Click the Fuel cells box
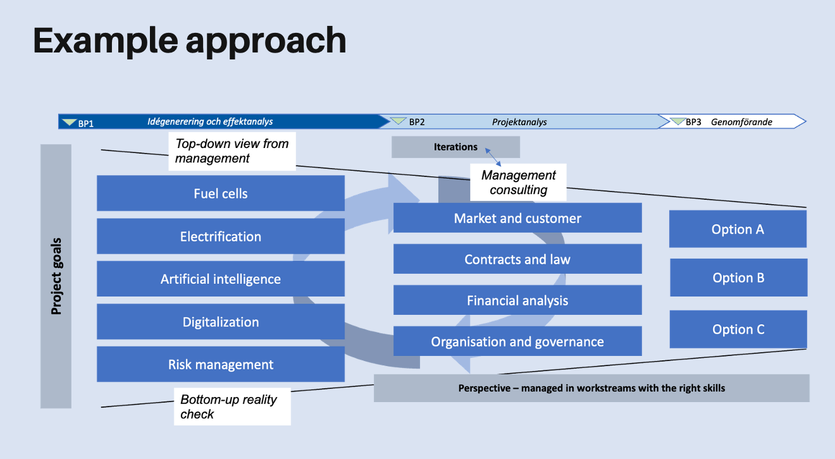[220, 193]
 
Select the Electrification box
[220, 236]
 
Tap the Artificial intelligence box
[220, 279]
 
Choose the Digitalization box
[220, 322]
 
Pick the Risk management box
[220, 364]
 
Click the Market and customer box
[517, 218]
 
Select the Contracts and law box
[517, 259]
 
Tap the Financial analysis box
[517, 300]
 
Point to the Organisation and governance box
[517, 341]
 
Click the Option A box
[738, 229]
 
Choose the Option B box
[738, 278]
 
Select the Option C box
[738, 329]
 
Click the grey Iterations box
[455, 147]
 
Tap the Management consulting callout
[518, 182]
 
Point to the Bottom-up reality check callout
[232, 407]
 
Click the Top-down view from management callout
[232, 151]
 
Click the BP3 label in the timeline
[693, 122]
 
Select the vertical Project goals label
[56, 276]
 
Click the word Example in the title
[104, 40]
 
